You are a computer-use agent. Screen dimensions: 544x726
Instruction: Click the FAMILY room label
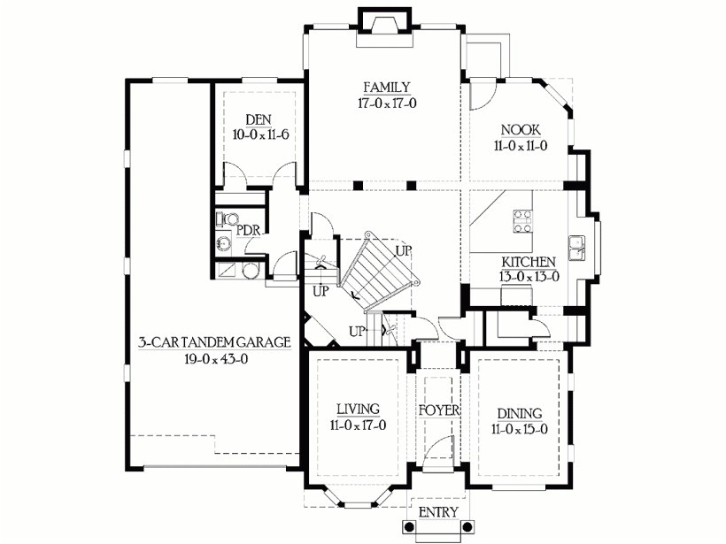click(x=386, y=87)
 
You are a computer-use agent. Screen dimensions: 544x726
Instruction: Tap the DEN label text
click(x=258, y=120)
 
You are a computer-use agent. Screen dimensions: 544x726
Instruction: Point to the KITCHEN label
click(x=529, y=262)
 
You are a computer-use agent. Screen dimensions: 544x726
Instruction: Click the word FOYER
click(x=440, y=411)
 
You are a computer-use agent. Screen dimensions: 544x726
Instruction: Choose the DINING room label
click(x=519, y=414)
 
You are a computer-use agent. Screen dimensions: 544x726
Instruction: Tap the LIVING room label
click(x=358, y=409)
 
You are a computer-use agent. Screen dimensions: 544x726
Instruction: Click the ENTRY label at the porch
click(x=436, y=512)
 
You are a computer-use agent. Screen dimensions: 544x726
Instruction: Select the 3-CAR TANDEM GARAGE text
click(x=214, y=343)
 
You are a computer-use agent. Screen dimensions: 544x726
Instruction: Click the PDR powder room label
click(x=247, y=230)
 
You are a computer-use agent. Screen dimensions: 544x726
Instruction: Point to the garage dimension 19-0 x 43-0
click(x=214, y=359)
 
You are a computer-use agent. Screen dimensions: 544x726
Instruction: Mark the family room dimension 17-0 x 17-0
click(x=386, y=103)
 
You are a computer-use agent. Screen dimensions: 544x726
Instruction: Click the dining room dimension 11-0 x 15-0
click(x=519, y=430)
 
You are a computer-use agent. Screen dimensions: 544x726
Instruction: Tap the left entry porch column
click(x=408, y=527)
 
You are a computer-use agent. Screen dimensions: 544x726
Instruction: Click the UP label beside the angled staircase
click(x=403, y=251)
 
